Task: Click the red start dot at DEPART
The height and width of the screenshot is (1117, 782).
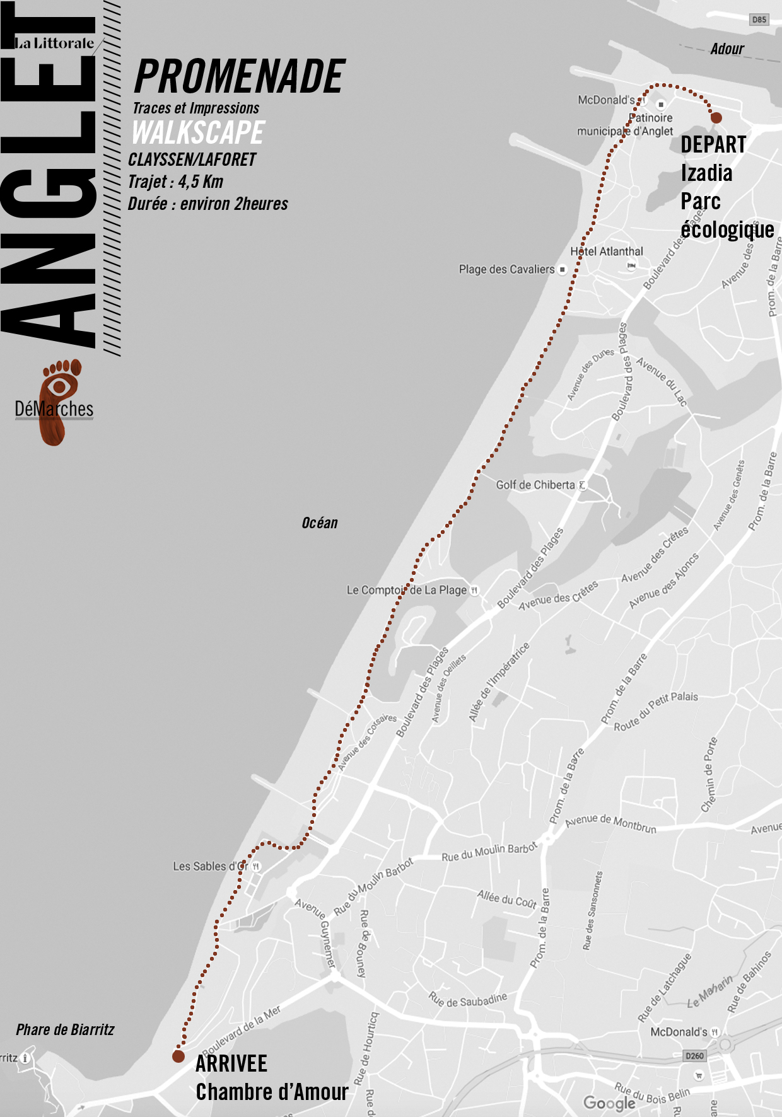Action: [x=716, y=117]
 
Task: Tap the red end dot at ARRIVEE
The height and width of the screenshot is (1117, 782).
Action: [x=178, y=1056]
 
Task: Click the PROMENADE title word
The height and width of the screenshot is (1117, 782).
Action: [x=240, y=77]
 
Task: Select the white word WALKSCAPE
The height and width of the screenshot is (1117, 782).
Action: [x=198, y=132]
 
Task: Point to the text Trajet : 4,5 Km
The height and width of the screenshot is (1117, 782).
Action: [x=175, y=182]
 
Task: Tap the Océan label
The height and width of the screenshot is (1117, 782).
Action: [x=320, y=523]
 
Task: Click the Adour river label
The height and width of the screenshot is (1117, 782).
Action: [x=727, y=49]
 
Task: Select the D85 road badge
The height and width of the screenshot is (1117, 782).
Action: [x=759, y=20]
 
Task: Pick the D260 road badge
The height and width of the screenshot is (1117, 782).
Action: [x=694, y=1056]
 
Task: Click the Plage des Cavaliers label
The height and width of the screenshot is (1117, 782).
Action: [x=506, y=269]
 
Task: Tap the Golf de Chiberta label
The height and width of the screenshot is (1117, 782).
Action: [x=535, y=485]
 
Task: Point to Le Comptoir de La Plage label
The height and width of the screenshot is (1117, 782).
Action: [x=407, y=590]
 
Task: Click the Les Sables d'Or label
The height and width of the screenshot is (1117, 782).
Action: [x=211, y=866]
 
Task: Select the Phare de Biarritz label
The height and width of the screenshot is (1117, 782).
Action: [x=65, y=1030]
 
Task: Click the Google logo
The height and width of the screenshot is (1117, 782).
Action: [x=609, y=1103]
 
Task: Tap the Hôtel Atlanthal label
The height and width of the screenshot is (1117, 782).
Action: [x=607, y=252]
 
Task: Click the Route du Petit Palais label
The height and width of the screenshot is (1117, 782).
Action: [x=656, y=711]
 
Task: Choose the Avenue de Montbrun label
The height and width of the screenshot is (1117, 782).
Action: [x=610, y=823]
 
